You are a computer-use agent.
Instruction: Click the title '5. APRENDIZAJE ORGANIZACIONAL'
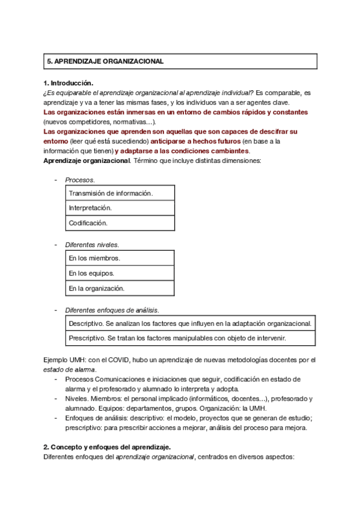105,62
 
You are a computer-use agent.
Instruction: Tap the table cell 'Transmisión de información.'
111,193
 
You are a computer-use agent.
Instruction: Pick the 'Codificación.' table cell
88,223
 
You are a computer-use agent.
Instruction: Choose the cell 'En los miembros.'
94,259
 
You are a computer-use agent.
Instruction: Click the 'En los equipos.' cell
91,274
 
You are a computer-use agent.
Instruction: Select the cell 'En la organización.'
97,289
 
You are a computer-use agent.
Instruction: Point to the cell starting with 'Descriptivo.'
190,324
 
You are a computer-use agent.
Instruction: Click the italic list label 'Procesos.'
80,179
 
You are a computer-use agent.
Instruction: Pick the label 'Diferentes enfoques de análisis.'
112,310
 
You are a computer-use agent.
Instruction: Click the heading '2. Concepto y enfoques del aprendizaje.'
107,447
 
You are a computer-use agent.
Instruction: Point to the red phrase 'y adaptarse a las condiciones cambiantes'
182,151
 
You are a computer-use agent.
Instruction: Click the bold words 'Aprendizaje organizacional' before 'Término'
87,161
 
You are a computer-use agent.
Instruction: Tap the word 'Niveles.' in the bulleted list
77,399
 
